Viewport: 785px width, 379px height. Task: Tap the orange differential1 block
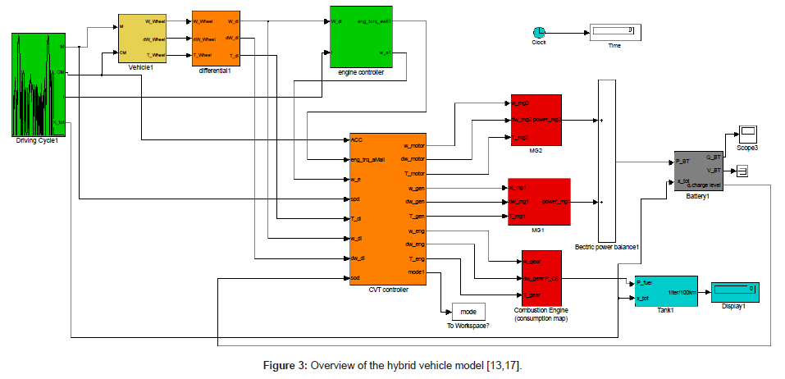(215, 38)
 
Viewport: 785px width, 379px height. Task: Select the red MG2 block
(535, 120)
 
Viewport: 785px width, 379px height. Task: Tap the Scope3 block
(746, 134)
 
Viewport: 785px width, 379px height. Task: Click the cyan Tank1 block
(666, 290)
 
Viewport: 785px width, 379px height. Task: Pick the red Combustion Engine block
(541, 276)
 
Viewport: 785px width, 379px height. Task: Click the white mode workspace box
(468, 312)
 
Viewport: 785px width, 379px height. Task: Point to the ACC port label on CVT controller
(357, 139)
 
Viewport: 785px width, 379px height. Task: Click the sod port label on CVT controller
(355, 277)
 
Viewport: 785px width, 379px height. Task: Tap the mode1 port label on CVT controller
(416, 272)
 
